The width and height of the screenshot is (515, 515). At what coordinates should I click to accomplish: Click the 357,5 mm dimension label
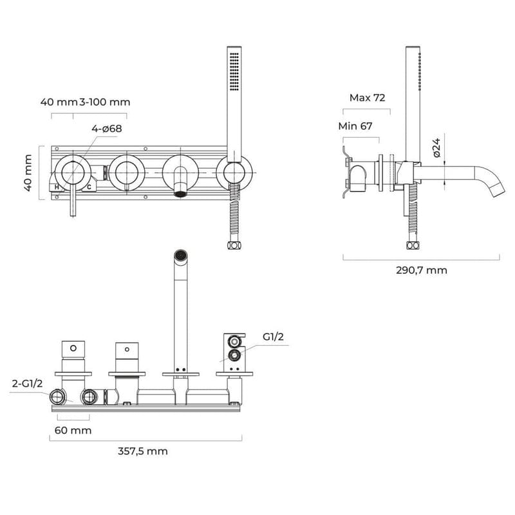coord(143,451)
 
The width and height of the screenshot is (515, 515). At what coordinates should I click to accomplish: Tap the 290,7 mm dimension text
coord(422,270)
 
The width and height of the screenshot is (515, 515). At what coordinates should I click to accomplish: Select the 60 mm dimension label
coord(73,430)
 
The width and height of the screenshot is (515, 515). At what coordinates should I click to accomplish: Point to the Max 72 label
coord(367,98)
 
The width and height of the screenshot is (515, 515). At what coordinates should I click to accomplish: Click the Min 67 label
coord(355,126)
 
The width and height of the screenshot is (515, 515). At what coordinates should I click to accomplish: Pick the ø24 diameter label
coord(436,149)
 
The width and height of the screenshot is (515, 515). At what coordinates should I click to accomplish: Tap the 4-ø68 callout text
coord(107,129)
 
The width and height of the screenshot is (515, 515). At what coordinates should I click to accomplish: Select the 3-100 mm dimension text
coord(105,102)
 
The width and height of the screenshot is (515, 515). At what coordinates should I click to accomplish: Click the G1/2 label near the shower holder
coord(273,337)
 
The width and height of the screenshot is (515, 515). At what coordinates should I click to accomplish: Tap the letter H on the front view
coord(57,187)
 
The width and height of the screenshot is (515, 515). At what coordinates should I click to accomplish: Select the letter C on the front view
coord(89,187)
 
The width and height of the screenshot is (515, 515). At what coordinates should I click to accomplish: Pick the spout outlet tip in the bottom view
coord(181,257)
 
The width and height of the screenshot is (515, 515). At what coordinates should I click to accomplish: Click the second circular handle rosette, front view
coord(126,172)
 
